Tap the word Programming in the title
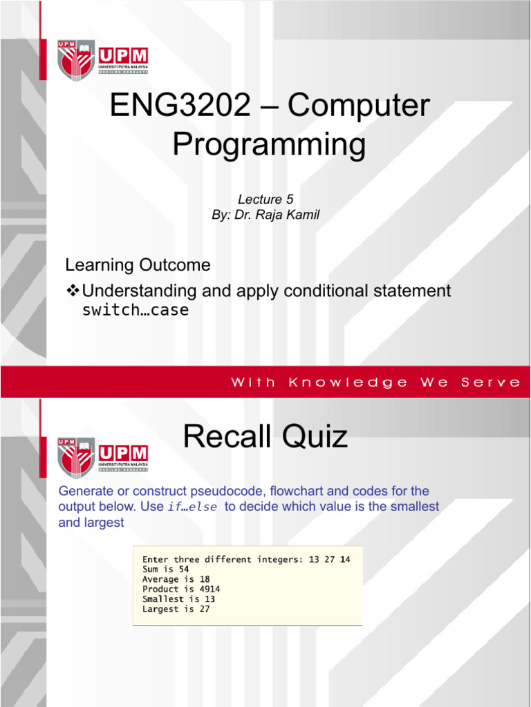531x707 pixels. (x=268, y=145)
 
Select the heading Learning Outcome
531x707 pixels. (x=138, y=265)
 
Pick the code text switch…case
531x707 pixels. (x=135, y=310)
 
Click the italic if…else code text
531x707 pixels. (x=191, y=507)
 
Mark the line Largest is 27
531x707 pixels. (x=176, y=609)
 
